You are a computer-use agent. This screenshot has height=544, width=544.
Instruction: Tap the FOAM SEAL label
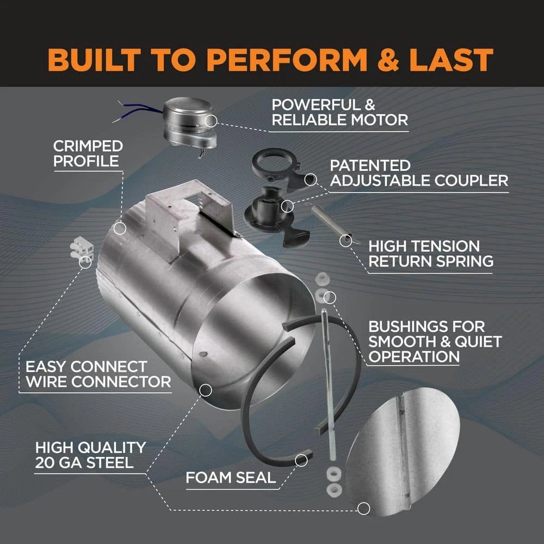(231, 479)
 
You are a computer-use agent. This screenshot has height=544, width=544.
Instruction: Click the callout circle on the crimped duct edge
(120, 228)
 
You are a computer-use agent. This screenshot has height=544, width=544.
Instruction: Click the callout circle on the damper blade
(363, 509)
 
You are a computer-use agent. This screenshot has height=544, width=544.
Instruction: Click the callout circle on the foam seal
(301, 460)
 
